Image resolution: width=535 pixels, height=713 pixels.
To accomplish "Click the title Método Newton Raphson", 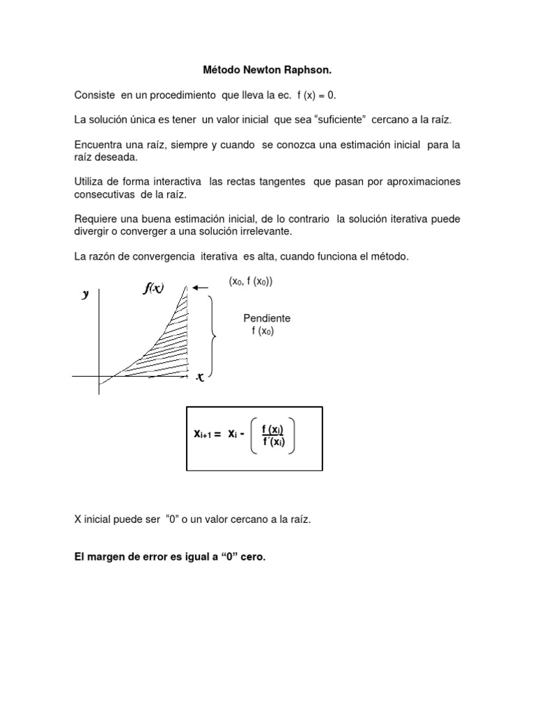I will [267, 70].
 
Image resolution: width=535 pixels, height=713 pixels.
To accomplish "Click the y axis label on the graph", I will [86, 294].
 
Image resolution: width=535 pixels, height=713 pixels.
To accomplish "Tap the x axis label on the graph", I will [200, 377].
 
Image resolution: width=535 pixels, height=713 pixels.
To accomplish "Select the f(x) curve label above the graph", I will [153, 289].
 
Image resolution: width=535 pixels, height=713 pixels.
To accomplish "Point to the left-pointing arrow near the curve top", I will [202, 287].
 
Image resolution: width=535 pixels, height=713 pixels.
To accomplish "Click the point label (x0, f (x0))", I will [251, 281].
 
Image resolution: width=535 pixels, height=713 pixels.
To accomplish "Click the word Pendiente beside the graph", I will [267, 318].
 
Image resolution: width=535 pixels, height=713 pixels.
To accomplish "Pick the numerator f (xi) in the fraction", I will [272, 429].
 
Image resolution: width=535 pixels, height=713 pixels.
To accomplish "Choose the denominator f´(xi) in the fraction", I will [272, 442].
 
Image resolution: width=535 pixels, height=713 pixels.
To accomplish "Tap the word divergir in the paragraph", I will [93, 230].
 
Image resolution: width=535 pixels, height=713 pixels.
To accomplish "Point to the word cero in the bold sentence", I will [252, 557].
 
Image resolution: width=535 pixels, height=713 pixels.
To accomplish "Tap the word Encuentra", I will [100, 145].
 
